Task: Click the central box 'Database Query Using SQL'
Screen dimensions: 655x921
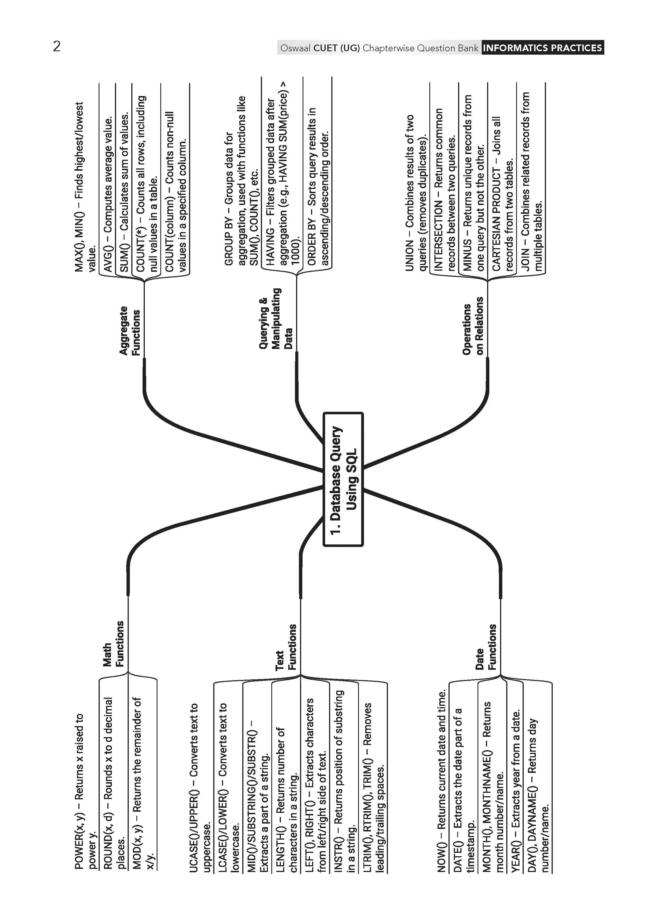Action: (x=343, y=479)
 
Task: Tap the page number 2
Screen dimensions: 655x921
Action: (x=57, y=47)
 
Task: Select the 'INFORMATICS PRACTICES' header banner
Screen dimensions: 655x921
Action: (x=543, y=48)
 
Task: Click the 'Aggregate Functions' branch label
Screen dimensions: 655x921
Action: (x=130, y=331)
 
